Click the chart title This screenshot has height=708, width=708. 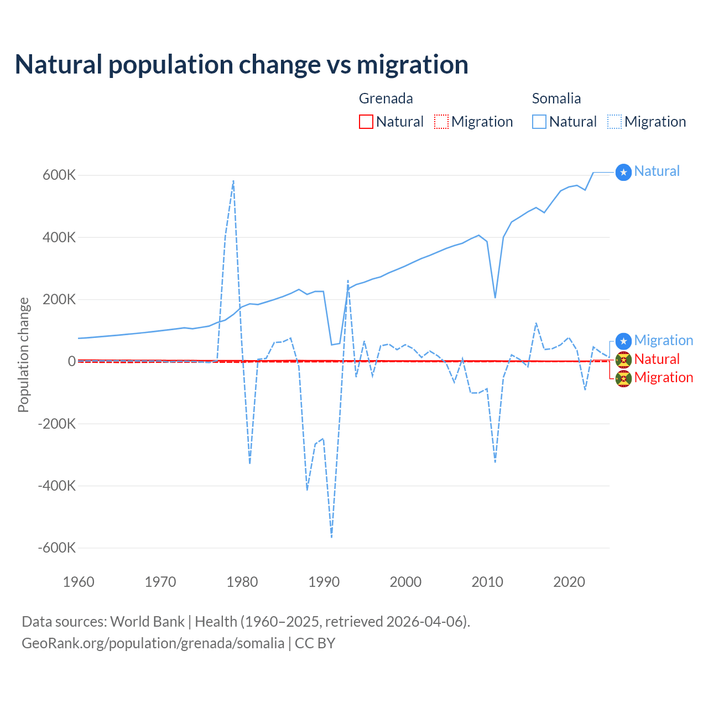(x=242, y=65)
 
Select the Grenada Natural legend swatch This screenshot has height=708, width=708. (x=366, y=122)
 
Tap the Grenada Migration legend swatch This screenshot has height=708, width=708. (x=441, y=122)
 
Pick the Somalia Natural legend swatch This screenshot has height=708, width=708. (x=539, y=122)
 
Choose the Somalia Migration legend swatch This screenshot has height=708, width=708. (x=614, y=122)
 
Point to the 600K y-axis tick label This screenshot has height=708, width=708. (x=59, y=175)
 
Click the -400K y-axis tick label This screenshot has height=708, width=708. (x=56, y=486)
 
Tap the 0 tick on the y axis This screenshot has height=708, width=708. (x=72, y=362)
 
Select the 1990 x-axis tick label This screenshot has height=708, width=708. (x=324, y=582)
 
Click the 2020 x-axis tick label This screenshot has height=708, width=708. (x=569, y=582)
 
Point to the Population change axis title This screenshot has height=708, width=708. (x=23, y=355)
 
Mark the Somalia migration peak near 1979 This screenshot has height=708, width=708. (x=233, y=181)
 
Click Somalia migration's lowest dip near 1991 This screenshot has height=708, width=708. (x=331, y=537)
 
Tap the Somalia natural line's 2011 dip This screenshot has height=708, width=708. (x=495, y=298)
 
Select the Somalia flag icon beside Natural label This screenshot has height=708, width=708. (x=623, y=173)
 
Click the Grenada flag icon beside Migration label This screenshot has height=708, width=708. (x=623, y=379)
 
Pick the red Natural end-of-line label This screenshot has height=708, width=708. (x=657, y=359)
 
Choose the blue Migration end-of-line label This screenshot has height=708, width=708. (x=663, y=340)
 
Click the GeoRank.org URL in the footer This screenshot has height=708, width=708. (x=153, y=643)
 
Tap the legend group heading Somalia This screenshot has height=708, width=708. (x=556, y=98)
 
